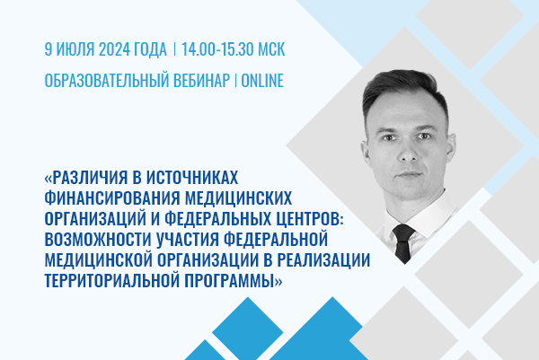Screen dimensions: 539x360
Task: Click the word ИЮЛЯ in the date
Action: coord(75,49)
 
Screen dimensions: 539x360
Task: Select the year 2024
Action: coord(114,49)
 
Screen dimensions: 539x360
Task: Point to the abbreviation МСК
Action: coord(271,49)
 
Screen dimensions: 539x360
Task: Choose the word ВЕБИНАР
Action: coord(201,81)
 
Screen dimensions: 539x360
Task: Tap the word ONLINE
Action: coord(262,81)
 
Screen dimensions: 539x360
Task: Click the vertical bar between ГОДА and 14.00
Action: coord(174,49)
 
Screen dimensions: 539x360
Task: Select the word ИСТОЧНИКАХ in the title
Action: coord(192,177)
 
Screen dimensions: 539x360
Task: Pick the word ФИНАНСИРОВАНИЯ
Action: coord(112,198)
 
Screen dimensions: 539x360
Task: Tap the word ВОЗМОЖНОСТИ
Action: coord(98,240)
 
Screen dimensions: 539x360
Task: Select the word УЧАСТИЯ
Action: coord(188,240)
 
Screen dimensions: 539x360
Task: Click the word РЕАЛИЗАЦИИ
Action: coord(323,260)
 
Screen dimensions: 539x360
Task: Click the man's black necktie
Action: coord(404,242)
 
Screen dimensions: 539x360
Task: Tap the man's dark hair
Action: coord(404,86)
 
